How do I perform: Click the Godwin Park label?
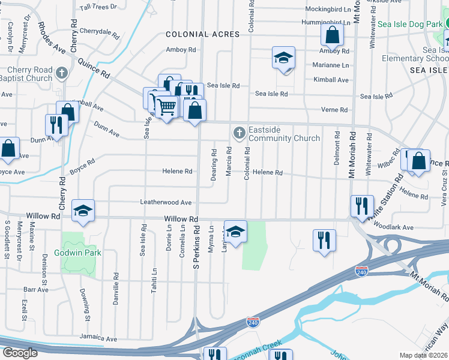tap(78, 253)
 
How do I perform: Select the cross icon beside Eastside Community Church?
tap(239, 132)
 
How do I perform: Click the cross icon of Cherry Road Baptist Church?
tap(61, 74)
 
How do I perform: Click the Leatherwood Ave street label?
tap(166, 203)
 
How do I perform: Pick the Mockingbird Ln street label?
tap(327, 10)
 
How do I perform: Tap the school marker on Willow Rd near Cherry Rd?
tap(83, 210)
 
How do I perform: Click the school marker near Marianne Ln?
tap(284, 58)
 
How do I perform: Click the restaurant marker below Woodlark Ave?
tap(324, 240)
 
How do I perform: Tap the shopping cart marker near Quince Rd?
tap(167, 107)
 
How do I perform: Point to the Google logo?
tap(20, 353)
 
